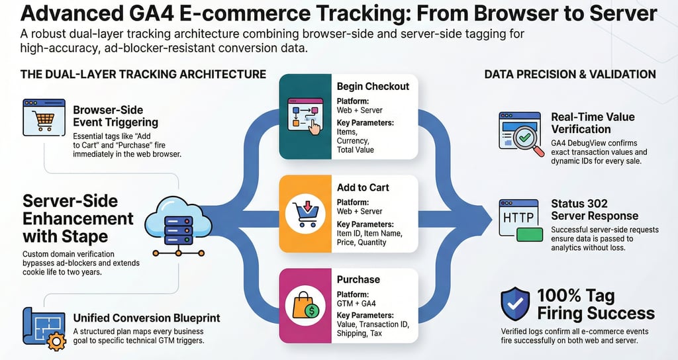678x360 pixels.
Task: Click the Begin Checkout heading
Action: coord(373,86)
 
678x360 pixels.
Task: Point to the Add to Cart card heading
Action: coord(363,187)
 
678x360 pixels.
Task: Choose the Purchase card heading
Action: coord(358,279)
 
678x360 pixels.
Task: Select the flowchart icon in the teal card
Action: coord(305,116)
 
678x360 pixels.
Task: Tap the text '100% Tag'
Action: coord(575,296)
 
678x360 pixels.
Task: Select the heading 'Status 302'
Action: coord(579,203)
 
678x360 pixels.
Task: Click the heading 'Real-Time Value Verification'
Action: coord(593,123)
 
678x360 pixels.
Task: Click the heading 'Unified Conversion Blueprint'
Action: coord(146,318)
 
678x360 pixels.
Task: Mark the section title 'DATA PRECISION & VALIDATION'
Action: coord(570,74)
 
